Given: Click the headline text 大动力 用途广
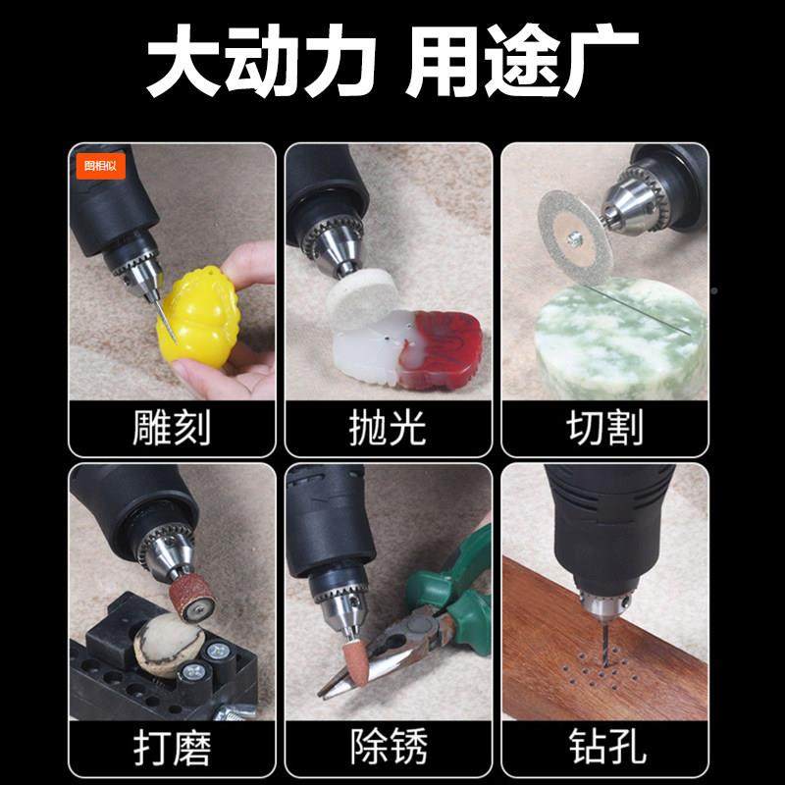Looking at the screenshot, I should (x=392, y=61).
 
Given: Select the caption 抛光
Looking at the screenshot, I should (x=388, y=428).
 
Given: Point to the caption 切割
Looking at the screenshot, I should (x=604, y=428).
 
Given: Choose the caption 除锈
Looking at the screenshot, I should (x=388, y=749).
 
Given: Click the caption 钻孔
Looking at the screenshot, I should (x=604, y=749).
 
